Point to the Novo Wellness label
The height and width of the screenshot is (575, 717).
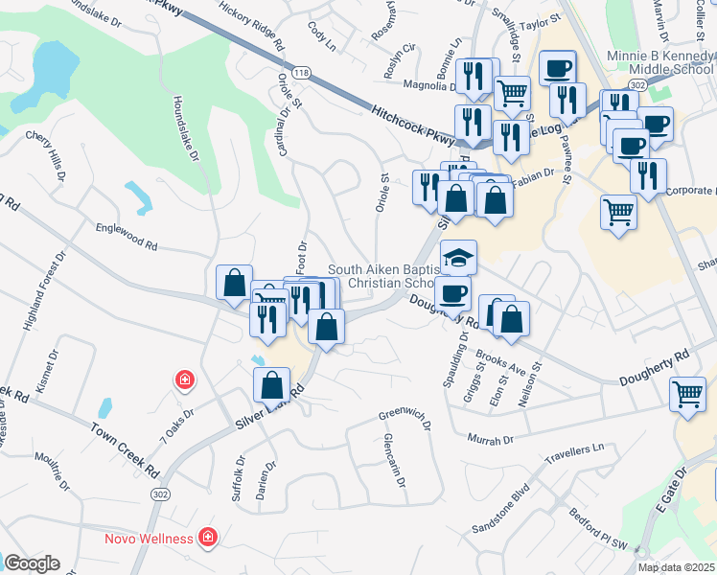point(149,538)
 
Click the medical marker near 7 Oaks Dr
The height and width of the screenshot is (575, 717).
point(183,380)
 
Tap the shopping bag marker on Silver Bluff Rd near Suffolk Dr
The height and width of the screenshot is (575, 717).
point(272,385)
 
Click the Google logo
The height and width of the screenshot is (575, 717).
point(32,563)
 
